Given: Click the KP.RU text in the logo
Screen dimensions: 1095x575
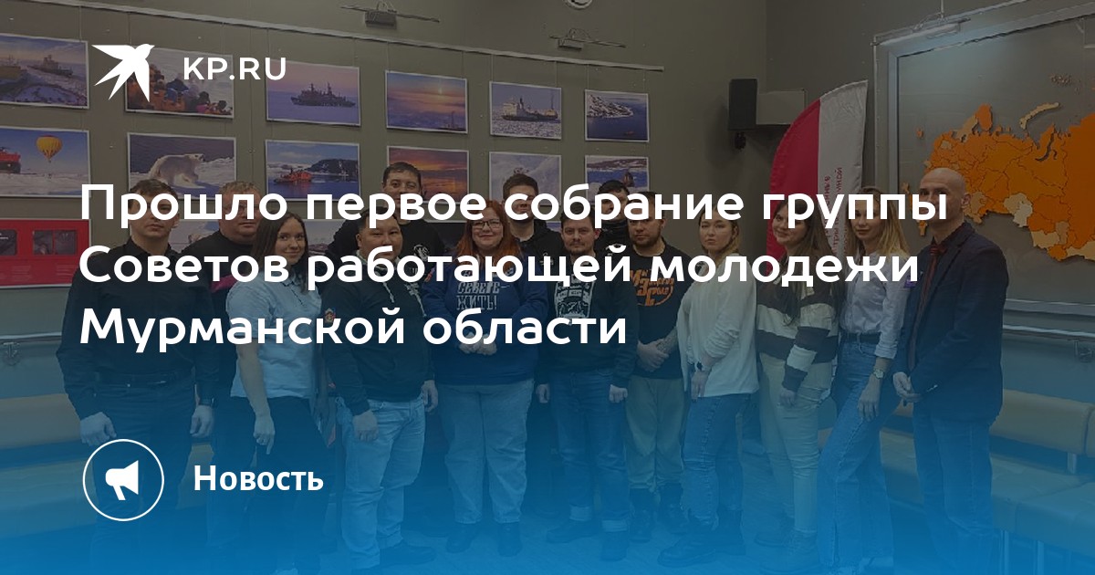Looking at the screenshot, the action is pyautogui.click(x=235, y=69).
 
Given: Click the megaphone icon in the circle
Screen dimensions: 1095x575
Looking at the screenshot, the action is pyautogui.click(x=123, y=479).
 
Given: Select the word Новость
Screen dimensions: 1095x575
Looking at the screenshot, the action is pyautogui.click(x=258, y=477).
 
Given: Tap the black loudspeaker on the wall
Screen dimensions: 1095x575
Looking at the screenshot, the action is pyautogui.click(x=742, y=105).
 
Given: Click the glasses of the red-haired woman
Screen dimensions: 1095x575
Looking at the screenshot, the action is pyautogui.click(x=485, y=224).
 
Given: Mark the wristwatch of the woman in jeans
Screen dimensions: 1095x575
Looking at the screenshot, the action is pyautogui.click(x=879, y=373).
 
